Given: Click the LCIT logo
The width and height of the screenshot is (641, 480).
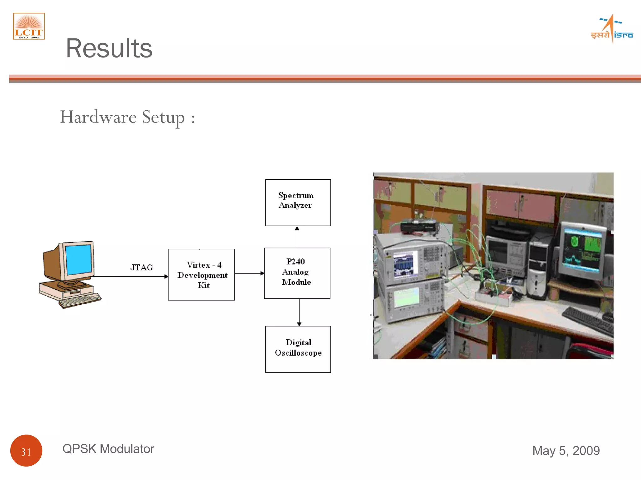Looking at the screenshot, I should [x=29, y=26].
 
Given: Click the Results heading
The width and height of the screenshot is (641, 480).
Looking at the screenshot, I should [x=109, y=48].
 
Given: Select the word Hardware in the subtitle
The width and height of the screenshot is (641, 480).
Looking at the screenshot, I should [x=98, y=117].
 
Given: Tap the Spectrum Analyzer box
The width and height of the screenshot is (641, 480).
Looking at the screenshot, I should [x=298, y=202].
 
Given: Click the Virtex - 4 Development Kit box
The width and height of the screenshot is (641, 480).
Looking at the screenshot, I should [x=201, y=275].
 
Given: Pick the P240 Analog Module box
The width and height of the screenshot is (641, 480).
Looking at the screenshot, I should [x=297, y=273].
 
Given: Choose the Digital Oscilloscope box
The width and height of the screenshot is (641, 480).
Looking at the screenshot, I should [x=298, y=349].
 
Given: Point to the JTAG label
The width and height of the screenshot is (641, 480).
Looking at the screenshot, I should [x=141, y=267].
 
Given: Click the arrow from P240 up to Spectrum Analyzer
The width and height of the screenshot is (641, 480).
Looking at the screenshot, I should [x=297, y=237].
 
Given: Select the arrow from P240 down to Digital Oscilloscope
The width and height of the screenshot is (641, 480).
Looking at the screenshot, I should [x=299, y=312].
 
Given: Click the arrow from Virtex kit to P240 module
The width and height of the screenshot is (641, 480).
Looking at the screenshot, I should [x=249, y=273].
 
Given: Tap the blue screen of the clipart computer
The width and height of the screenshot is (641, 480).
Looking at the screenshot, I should [x=78, y=259].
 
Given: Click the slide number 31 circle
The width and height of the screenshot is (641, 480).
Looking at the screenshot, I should [x=26, y=450].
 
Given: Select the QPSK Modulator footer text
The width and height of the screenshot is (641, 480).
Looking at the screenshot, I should [x=108, y=449].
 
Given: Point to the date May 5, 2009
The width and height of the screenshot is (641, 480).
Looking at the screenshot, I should [x=566, y=451].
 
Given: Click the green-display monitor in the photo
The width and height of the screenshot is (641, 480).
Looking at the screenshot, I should [x=582, y=250].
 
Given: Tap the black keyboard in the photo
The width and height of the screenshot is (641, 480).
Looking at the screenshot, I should [x=588, y=320].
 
